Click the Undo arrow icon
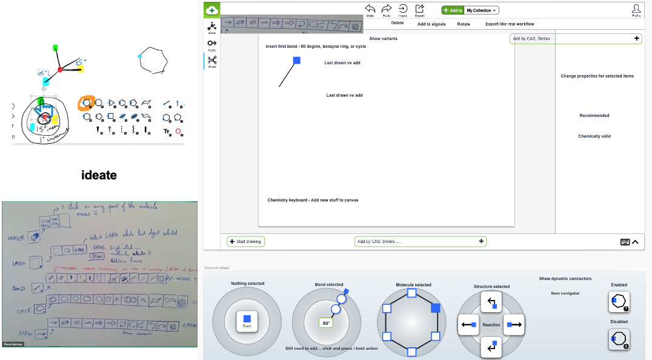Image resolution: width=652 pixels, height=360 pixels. (370, 8)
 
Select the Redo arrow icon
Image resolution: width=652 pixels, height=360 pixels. (387, 8)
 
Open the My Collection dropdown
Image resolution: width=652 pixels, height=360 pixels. (482, 10)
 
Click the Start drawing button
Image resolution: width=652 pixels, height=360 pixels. (246, 241)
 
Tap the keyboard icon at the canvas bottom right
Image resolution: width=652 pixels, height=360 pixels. (625, 242)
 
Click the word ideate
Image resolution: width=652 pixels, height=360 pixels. (99, 176)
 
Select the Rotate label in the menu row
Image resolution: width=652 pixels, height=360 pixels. (464, 24)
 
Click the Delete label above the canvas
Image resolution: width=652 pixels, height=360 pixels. (398, 23)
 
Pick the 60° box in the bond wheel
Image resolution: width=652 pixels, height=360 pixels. (325, 323)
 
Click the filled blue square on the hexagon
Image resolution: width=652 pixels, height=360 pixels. (435, 308)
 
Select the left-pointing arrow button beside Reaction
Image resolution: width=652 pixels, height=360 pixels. (468, 325)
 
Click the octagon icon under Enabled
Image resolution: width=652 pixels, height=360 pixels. (619, 301)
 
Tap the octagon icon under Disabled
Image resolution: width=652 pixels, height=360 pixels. (619, 338)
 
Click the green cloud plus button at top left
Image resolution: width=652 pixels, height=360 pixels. (211, 9)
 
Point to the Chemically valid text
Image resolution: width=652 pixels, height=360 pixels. (594, 136)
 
